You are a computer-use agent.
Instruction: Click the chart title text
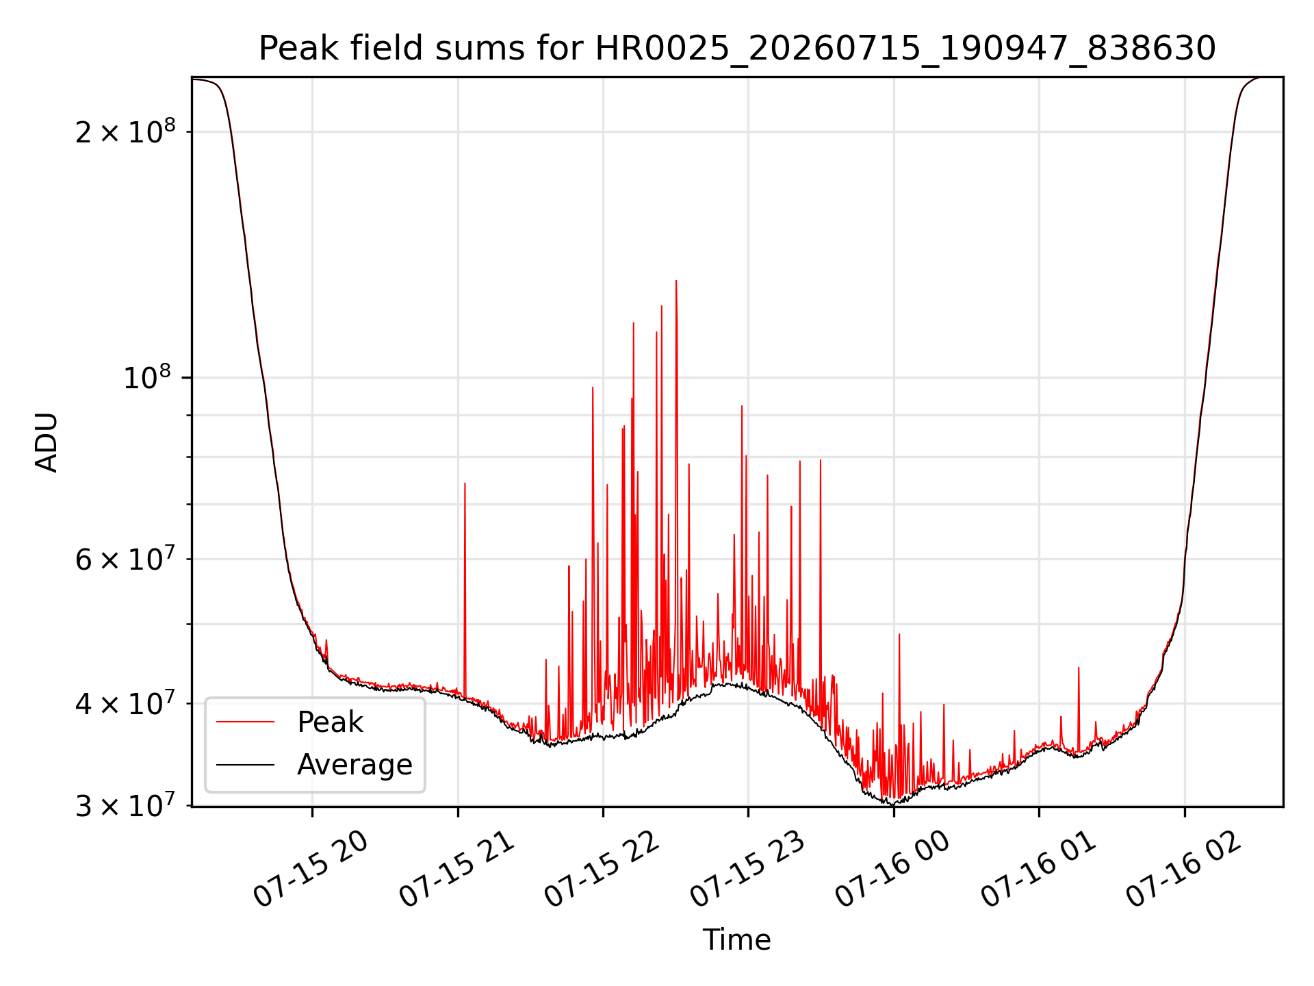pyautogui.click(x=737, y=49)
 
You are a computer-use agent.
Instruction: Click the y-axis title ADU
pyautogui.click(x=47, y=442)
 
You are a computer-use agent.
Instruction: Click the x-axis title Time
pyautogui.click(x=737, y=940)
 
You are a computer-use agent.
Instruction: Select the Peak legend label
pyautogui.click(x=330, y=722)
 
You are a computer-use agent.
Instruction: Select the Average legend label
pyautogui.click(x=355, y=765)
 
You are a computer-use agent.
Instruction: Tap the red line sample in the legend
pyautogui.click(x=246, y=722)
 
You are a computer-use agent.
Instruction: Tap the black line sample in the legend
pyautogui.click(x=246, y=764)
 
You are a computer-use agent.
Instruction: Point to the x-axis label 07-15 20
pyautogui.click(x=311, y=870)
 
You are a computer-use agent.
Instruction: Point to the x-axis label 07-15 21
pyautogui.click(x=456, y=870)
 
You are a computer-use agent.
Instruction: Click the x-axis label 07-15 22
pyautogui.click(x=602, y=870)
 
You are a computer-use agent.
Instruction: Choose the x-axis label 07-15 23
pyautogui.click(x=747, y=870)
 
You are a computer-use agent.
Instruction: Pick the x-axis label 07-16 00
pyautogui.click(x=893, y=870)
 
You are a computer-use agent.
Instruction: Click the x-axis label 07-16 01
pyautogui.click(x=1039, y=870)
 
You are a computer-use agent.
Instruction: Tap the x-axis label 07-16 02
pyautogui.click(x=1184, y=870)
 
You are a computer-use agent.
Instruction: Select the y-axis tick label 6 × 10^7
pyautogui.click(x=125, y=558)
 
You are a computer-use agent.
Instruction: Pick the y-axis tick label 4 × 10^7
pyautogui.click(x=125, y=703)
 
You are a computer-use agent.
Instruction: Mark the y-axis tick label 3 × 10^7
pyautogui.click(x=125, y=805)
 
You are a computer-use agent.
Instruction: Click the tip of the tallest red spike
pyautogui.click(x=676, y=281)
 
